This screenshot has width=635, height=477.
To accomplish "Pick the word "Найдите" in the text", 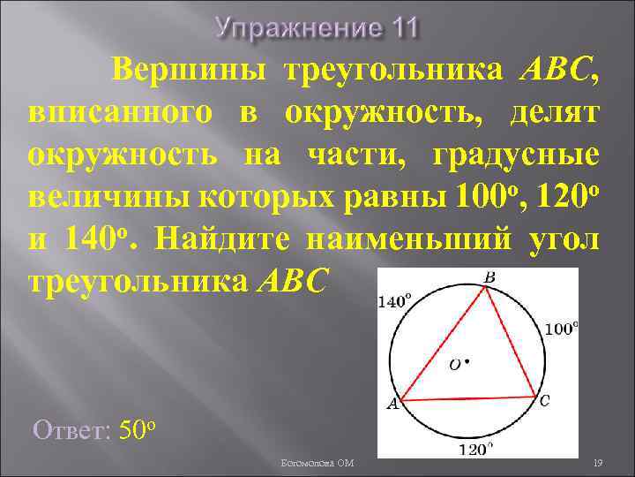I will click(231, 239).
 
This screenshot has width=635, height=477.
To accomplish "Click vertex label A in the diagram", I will click(393, 405).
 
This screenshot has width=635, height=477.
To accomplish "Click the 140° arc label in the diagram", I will click(394, 301).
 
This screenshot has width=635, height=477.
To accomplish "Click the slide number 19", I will click(597, 463).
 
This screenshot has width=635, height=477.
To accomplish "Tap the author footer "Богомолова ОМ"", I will click(318, 463).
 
